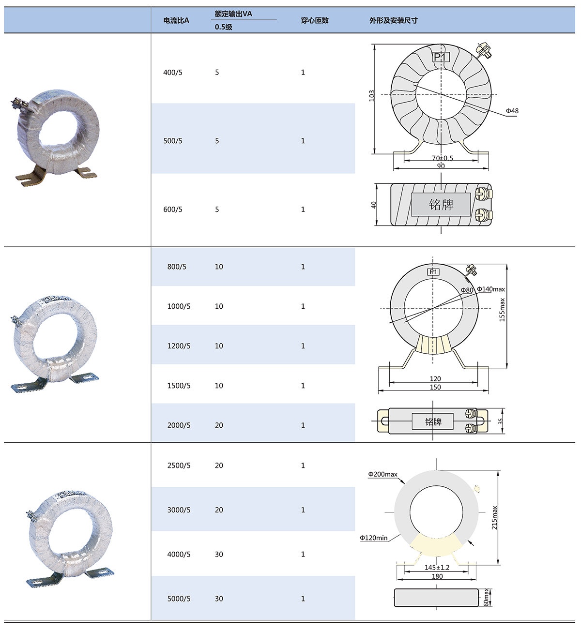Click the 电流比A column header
[176, 20]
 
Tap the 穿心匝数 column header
[314, 20]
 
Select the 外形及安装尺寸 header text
[394, 20]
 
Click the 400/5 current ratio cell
[172, 73]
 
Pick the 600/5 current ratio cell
[172, 209]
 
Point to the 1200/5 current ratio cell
[179, 346]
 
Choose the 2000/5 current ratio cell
[179, 425]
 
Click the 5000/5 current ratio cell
[179, 598]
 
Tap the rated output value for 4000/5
[219, 554]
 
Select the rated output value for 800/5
[219, 267]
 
